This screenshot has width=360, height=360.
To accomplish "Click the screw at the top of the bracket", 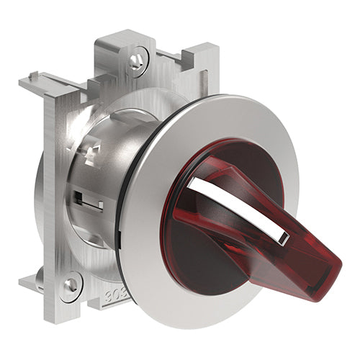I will coord(136,62).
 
